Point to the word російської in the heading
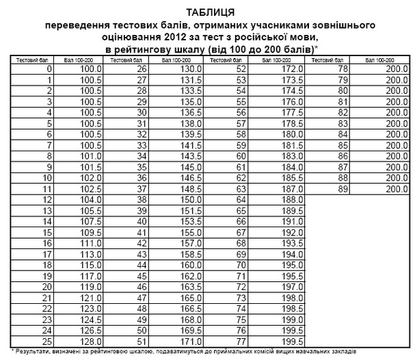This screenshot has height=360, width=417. [x=258, y=38]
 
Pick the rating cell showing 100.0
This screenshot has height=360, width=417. [x=91, y=69]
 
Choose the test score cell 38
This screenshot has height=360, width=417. [x=143, y=199]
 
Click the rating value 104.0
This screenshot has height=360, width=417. [x=91, y=199]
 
